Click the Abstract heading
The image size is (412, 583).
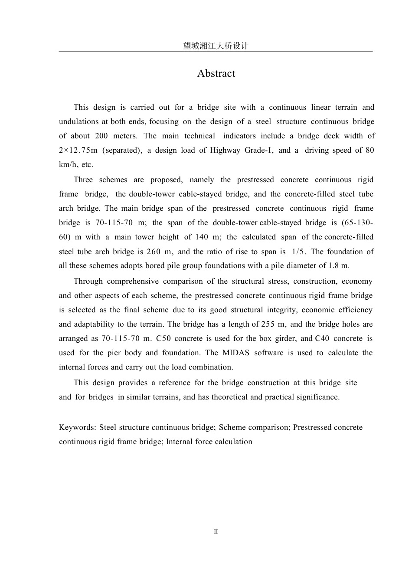[x=216, y=73]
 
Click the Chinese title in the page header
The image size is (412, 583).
[x=216, y=46]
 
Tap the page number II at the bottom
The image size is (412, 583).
[x=216, y=532]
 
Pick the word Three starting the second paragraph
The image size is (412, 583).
[x=82, y=180]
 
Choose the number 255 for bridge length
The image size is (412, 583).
[x=268, y=324]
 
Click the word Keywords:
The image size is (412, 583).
[x=78, y=428]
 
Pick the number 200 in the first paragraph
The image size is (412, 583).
[x=101, y=136]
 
